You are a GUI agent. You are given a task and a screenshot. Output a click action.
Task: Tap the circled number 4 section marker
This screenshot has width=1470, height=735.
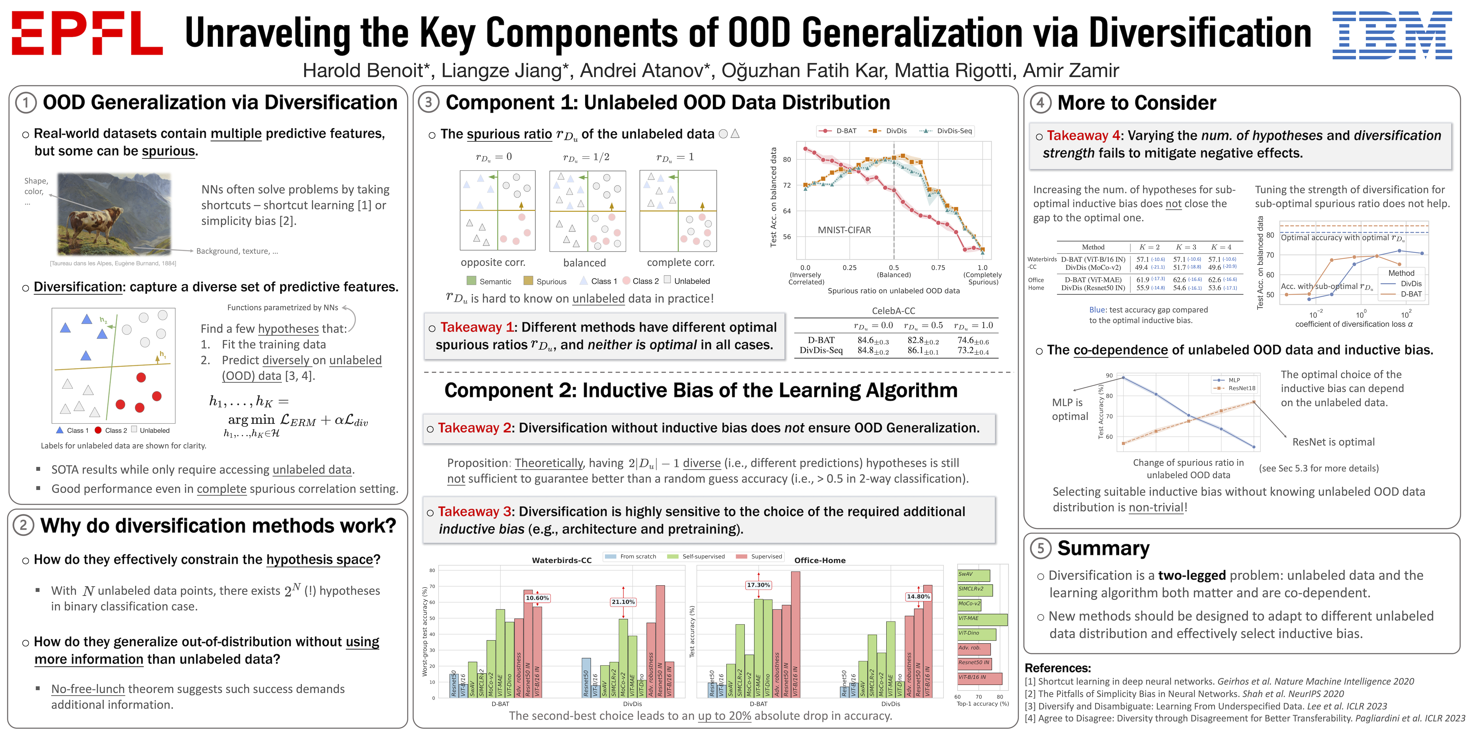pos(1040,103)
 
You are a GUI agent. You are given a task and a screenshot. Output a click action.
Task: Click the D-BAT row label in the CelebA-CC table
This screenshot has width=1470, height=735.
pos(821,340)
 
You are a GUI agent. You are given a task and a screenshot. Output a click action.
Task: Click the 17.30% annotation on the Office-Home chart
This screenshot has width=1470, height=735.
pos(758,585)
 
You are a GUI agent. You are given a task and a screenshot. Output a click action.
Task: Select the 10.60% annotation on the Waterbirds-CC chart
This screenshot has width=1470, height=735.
pos(537,598)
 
